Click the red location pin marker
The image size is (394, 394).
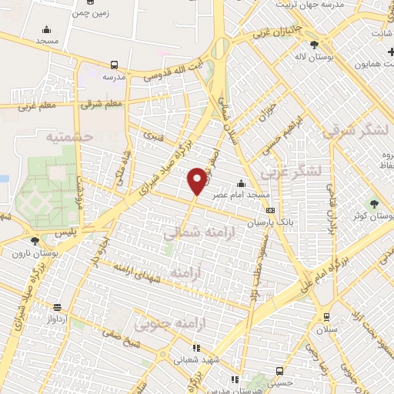(197, 181)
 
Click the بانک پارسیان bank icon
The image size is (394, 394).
(269, 210)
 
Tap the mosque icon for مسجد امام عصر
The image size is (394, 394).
(242, 183)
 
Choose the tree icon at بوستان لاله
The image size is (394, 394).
(314, 45)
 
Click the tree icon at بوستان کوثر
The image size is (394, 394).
(374, 204)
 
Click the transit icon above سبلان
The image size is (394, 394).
(326, 316)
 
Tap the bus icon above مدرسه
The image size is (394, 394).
(115, 65)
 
